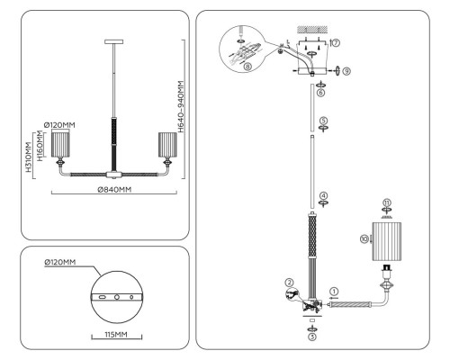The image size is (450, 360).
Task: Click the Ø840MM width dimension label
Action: coord(114,190)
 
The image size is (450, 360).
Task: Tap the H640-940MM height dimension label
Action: coord(181,106)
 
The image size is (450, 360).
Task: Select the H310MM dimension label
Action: coord(29,157)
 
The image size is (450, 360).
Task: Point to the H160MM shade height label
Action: coord(40,146)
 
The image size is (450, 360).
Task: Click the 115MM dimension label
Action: coord(116,334)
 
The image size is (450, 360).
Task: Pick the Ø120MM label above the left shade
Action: coord(59,125)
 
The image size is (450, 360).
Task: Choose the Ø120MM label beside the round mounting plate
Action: coord(60,262)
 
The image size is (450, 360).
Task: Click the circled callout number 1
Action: coord(334,291)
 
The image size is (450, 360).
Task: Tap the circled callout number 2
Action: coord(289,283)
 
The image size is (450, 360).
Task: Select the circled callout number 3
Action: coord(312,337)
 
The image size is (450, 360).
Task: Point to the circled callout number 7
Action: coord(336,43)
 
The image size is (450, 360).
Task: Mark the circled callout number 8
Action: coord(247,67)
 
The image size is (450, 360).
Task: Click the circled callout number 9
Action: coord(346,71)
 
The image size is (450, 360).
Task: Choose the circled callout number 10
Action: coord(364,238)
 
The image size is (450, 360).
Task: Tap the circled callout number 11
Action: coord(387,202)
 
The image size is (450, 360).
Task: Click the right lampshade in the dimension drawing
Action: coord(167,145)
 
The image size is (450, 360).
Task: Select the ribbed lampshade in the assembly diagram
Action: coord(387,241)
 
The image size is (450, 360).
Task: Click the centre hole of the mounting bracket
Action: coord(117,297)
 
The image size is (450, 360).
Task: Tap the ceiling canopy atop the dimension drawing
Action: coord(114,41)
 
